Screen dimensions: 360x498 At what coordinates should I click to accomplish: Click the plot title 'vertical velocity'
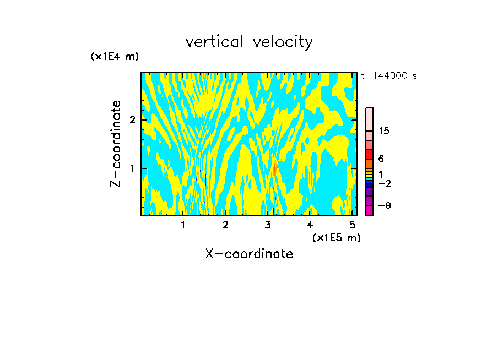point(249,42)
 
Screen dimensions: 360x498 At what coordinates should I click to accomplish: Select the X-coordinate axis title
point(249,254)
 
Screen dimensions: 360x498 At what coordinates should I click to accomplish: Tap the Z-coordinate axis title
point(116,144)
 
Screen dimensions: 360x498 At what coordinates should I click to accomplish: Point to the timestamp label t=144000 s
point(389,76)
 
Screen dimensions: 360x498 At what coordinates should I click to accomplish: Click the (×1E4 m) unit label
point(115,57)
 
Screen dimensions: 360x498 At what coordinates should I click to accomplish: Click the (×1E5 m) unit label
point(336,237)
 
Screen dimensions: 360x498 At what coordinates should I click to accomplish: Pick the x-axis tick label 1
point(183,225)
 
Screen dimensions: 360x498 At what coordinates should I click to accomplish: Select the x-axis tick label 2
point(225,225)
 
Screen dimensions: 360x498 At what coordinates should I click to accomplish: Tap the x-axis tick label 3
point(268,225)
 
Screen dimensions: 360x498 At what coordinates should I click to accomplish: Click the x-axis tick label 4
point(310,225)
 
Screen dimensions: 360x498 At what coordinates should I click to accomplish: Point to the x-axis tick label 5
point(352,225)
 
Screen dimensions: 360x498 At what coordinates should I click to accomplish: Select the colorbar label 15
point(384,131)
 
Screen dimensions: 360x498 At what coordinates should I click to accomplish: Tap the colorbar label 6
point(381,159)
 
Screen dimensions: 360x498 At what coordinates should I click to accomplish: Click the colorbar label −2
point(384,183)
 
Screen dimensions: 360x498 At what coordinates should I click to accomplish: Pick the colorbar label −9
point(384,205)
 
